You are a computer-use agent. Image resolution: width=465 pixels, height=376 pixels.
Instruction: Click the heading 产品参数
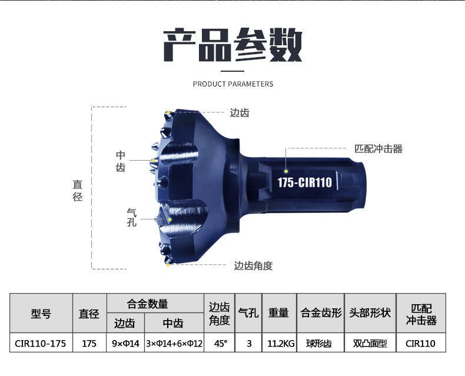click(x=232, y=45)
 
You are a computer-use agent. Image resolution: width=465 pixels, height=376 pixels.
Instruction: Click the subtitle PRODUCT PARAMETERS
click(x=233, y=84)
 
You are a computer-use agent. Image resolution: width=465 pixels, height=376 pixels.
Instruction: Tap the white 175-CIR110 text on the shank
click(x=304, y=182)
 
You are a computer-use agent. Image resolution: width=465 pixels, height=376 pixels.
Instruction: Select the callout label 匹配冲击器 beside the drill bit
click(x=378, y=149)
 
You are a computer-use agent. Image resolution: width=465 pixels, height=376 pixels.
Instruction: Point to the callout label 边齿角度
click(x=253, y=265)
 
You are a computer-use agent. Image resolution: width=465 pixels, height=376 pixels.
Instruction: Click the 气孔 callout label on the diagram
click(x=132, y=217)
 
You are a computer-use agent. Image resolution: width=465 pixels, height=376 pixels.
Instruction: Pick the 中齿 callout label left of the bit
click(x=120, y=161)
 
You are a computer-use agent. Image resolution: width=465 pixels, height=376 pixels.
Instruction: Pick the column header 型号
click(x=41, y=314)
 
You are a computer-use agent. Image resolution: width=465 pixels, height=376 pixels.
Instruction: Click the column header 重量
click(x=278, y=313)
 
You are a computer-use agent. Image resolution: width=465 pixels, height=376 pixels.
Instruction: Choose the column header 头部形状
click(x=370, y=313)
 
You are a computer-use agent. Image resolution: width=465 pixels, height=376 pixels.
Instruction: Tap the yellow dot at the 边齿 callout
click(x=168, y=112)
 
